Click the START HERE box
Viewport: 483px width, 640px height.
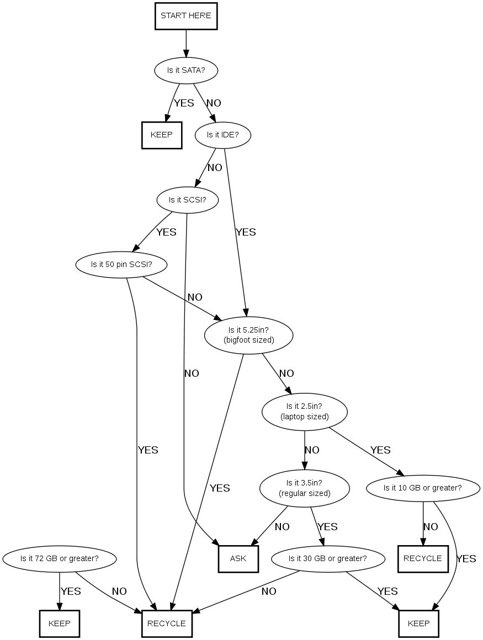(186, 16)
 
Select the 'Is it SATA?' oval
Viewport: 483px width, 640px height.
(186, 70)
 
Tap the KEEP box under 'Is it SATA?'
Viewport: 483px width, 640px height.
(161, 135)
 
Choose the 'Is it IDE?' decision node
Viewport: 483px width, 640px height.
(222, 135)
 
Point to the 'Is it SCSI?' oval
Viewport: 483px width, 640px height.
(187, 200)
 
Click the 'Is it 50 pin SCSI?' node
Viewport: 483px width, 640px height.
(121, 264)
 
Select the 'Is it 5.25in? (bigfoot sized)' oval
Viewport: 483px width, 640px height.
(248, 335)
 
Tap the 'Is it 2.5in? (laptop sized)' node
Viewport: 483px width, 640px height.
(305, 412)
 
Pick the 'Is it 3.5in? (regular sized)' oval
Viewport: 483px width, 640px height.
(305, 488)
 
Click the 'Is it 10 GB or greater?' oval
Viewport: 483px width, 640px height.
(423, 488)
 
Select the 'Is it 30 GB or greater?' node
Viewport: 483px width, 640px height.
(327, 559)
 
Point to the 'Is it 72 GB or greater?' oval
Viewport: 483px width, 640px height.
(59, 559)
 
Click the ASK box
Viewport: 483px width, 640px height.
(238, 559)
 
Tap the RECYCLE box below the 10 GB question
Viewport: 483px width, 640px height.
(423, 559)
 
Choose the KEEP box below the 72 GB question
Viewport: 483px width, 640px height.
(59, 623)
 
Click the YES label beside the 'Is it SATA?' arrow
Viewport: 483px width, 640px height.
(184, 103)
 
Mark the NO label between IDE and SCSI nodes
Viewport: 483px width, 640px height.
(215, 168)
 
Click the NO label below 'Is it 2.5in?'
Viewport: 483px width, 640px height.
(312, 450)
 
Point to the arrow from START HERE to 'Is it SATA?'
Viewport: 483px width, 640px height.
(186, 43)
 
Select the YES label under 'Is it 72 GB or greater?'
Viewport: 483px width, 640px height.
(71, 591)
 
